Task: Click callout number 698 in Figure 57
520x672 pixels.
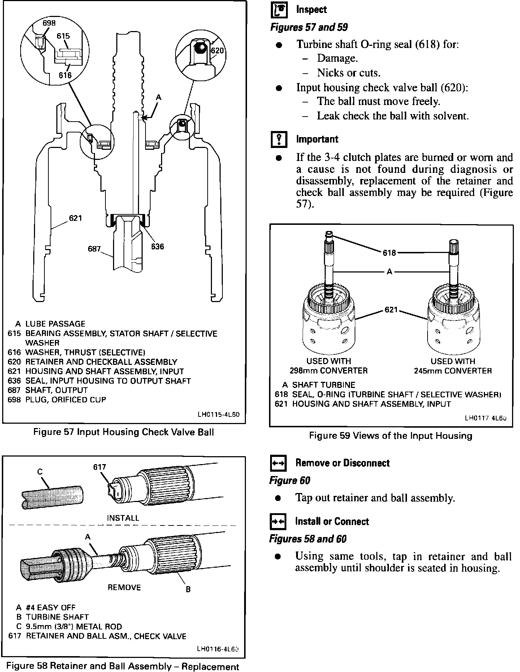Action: tap(49, 23)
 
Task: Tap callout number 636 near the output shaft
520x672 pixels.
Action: tap(157, 246)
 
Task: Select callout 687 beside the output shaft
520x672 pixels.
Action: tap(94, 249)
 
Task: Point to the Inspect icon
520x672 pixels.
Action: tap(279, 10)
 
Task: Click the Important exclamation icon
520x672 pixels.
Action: tap(279, 140)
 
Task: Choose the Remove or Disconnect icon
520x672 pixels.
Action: tap(278, 463)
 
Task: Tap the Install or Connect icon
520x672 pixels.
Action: tap(278, 522)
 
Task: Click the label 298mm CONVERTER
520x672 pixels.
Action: tap(329, 371)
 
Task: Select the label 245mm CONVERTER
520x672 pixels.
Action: tap(453, 371)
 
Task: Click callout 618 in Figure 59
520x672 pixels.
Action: tap(389, 253)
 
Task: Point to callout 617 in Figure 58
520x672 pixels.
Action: tap(100, 467)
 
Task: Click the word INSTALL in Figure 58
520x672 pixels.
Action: tap(123, 518)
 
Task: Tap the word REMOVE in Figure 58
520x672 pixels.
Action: tap(124, 588)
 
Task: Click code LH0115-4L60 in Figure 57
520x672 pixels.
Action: tap(218, 415)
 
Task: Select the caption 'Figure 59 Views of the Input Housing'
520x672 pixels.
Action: tap(391, 436)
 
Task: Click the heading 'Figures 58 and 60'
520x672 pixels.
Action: tap(308, 539)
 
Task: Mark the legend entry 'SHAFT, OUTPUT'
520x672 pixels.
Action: tap(56, 390)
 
